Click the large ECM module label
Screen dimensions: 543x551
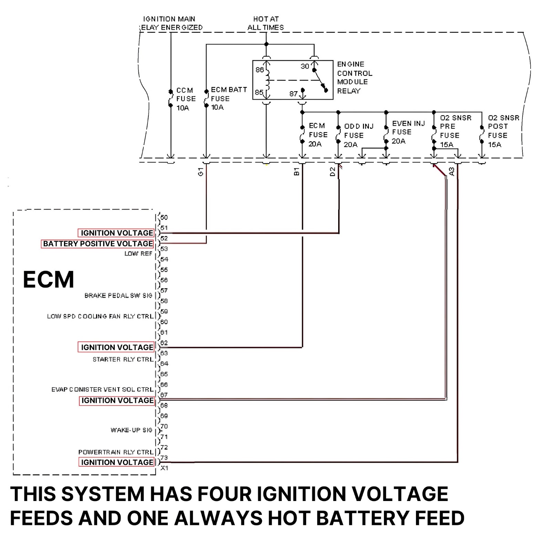[x=48, y=279]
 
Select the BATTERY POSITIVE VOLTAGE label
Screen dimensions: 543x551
[x=98, y=244]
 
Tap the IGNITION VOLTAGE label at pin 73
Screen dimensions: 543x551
[x=117, y=462]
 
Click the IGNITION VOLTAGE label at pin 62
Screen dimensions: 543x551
[x=117, y=347]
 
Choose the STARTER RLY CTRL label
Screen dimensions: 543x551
[x=123, y=359]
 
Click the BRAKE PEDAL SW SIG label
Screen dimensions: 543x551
[x=118, y=295]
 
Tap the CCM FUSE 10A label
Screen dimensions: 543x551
[x=186, y=99]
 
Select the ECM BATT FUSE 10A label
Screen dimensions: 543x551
[x=229, y=98]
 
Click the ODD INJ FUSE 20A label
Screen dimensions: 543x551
[x=358, y=135]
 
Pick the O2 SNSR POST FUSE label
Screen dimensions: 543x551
[x=503, y=131]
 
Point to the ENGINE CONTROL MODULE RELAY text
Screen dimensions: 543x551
[x=354, y=77]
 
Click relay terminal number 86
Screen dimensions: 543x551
[x=260, y=70]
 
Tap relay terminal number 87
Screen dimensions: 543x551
[x=293, y=93]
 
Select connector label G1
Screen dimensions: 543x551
[x=201, y=171]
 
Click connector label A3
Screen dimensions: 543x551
[x=451, y=171]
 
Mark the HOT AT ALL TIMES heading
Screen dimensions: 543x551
[x=266, y=23]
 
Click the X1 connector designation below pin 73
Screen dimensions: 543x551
[x=164, y=468]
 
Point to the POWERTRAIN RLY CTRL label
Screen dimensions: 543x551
[x=115, y=452]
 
